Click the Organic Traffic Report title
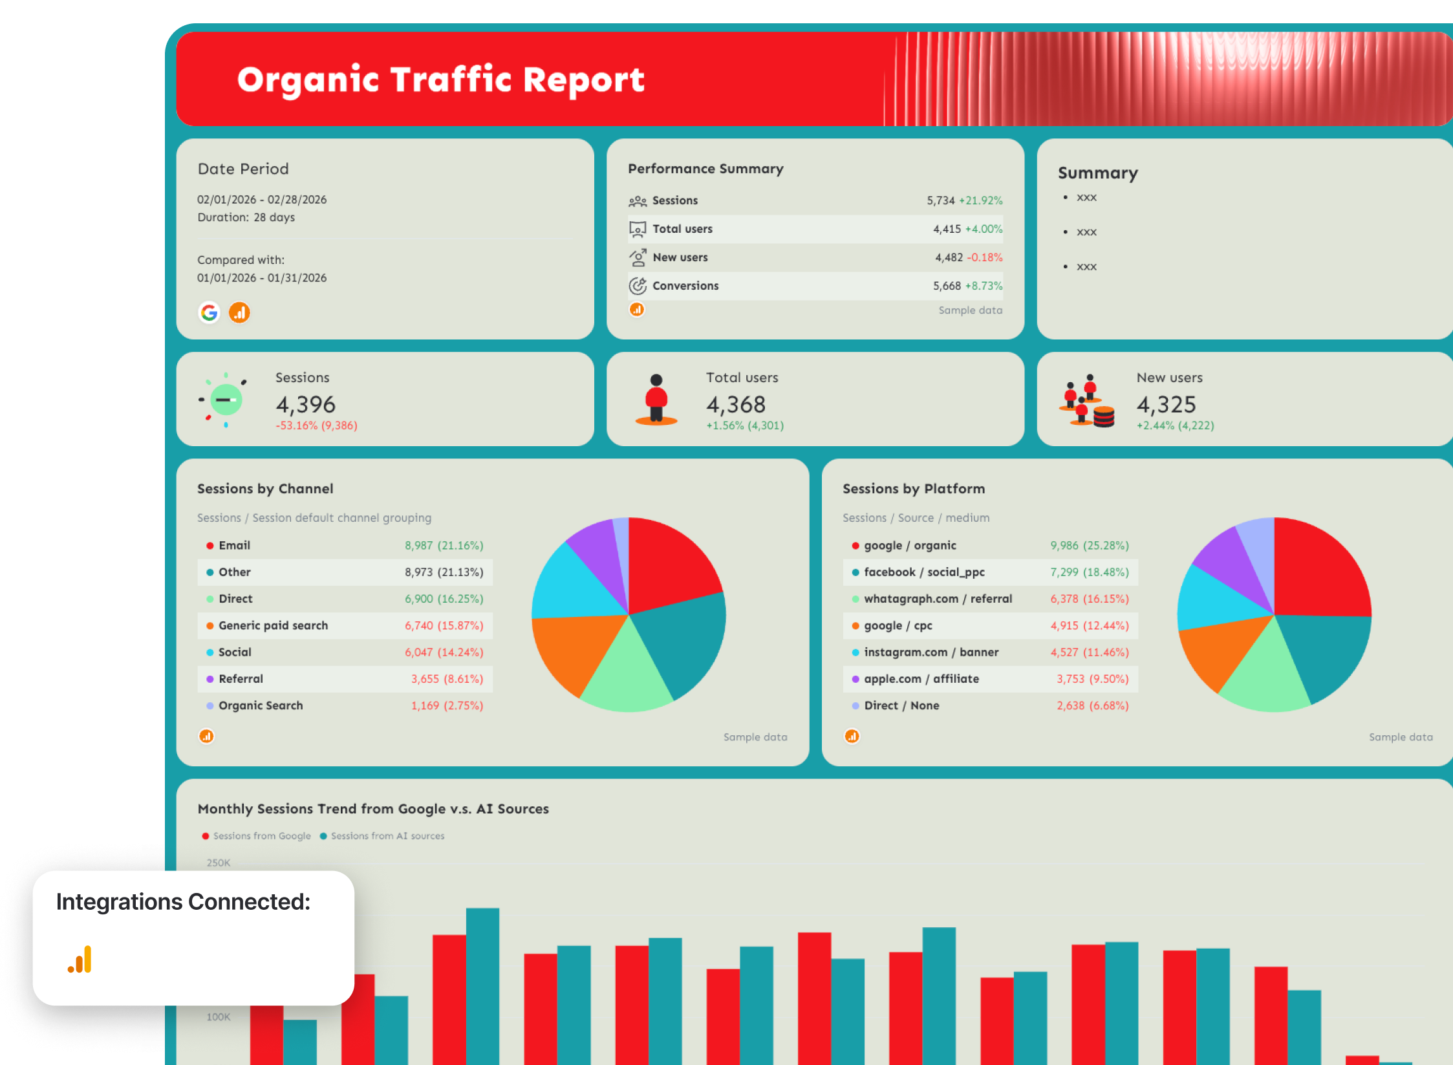440,80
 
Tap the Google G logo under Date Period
209,313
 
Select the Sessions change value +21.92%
980,200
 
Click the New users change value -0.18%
984,257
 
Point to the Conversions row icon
638,286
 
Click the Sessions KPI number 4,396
305,405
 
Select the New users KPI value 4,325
1166,405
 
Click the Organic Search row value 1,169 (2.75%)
447,705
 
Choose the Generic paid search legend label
273,625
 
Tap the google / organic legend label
910,545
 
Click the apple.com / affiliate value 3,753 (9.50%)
1092,679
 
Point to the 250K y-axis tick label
219,863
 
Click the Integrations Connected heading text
183,901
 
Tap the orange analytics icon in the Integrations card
80,960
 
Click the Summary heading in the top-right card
1097,173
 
